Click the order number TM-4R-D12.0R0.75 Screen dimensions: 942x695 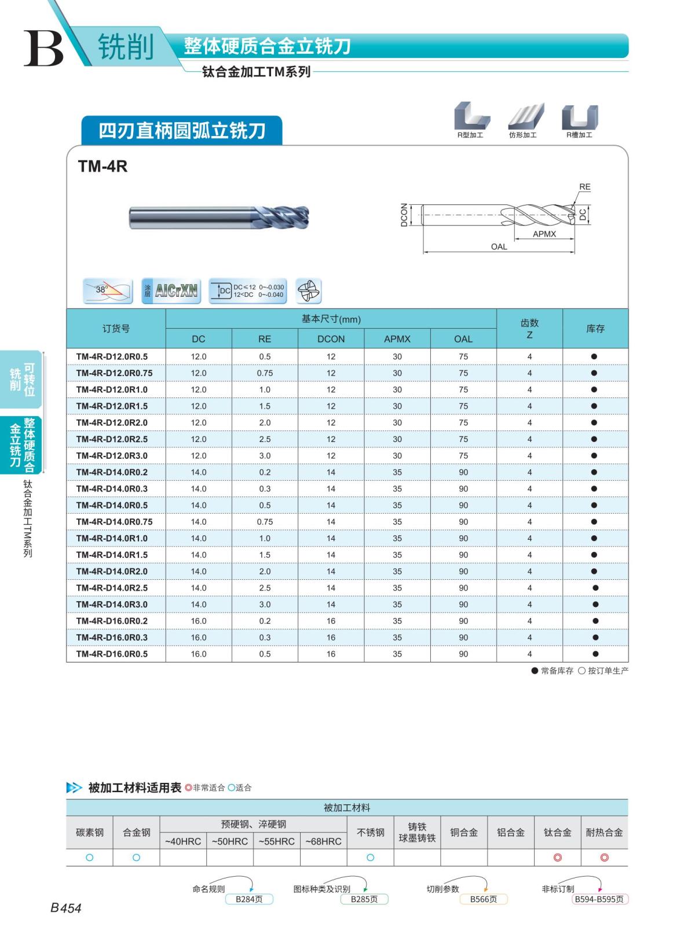(x=114, y=373)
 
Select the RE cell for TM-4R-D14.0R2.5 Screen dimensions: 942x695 (x=265, y=588)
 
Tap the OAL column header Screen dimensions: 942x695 (x=463, y=339)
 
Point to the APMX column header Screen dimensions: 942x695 (x=397, y=339)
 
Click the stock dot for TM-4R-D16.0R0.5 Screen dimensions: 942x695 (x=595, y=654)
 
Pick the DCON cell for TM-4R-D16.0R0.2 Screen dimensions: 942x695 (x=331, y=621)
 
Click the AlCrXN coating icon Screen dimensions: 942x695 (x=171, y=290)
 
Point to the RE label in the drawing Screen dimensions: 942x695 (x=585, y=187)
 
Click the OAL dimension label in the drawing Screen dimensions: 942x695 (x=499, y=246)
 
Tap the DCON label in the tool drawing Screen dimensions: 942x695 (x=404, y=215)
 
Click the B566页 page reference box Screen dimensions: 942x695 (x=484, y=899)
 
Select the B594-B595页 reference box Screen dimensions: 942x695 (x=599, y=899)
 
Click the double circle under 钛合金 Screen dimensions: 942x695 (x=558, y=858)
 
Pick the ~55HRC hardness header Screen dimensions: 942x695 (x=276, y=841)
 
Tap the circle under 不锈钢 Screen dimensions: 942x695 (x=371, y=858)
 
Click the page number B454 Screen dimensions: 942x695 (x=66, y=908)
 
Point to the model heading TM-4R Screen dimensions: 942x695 (x=103, y=167)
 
